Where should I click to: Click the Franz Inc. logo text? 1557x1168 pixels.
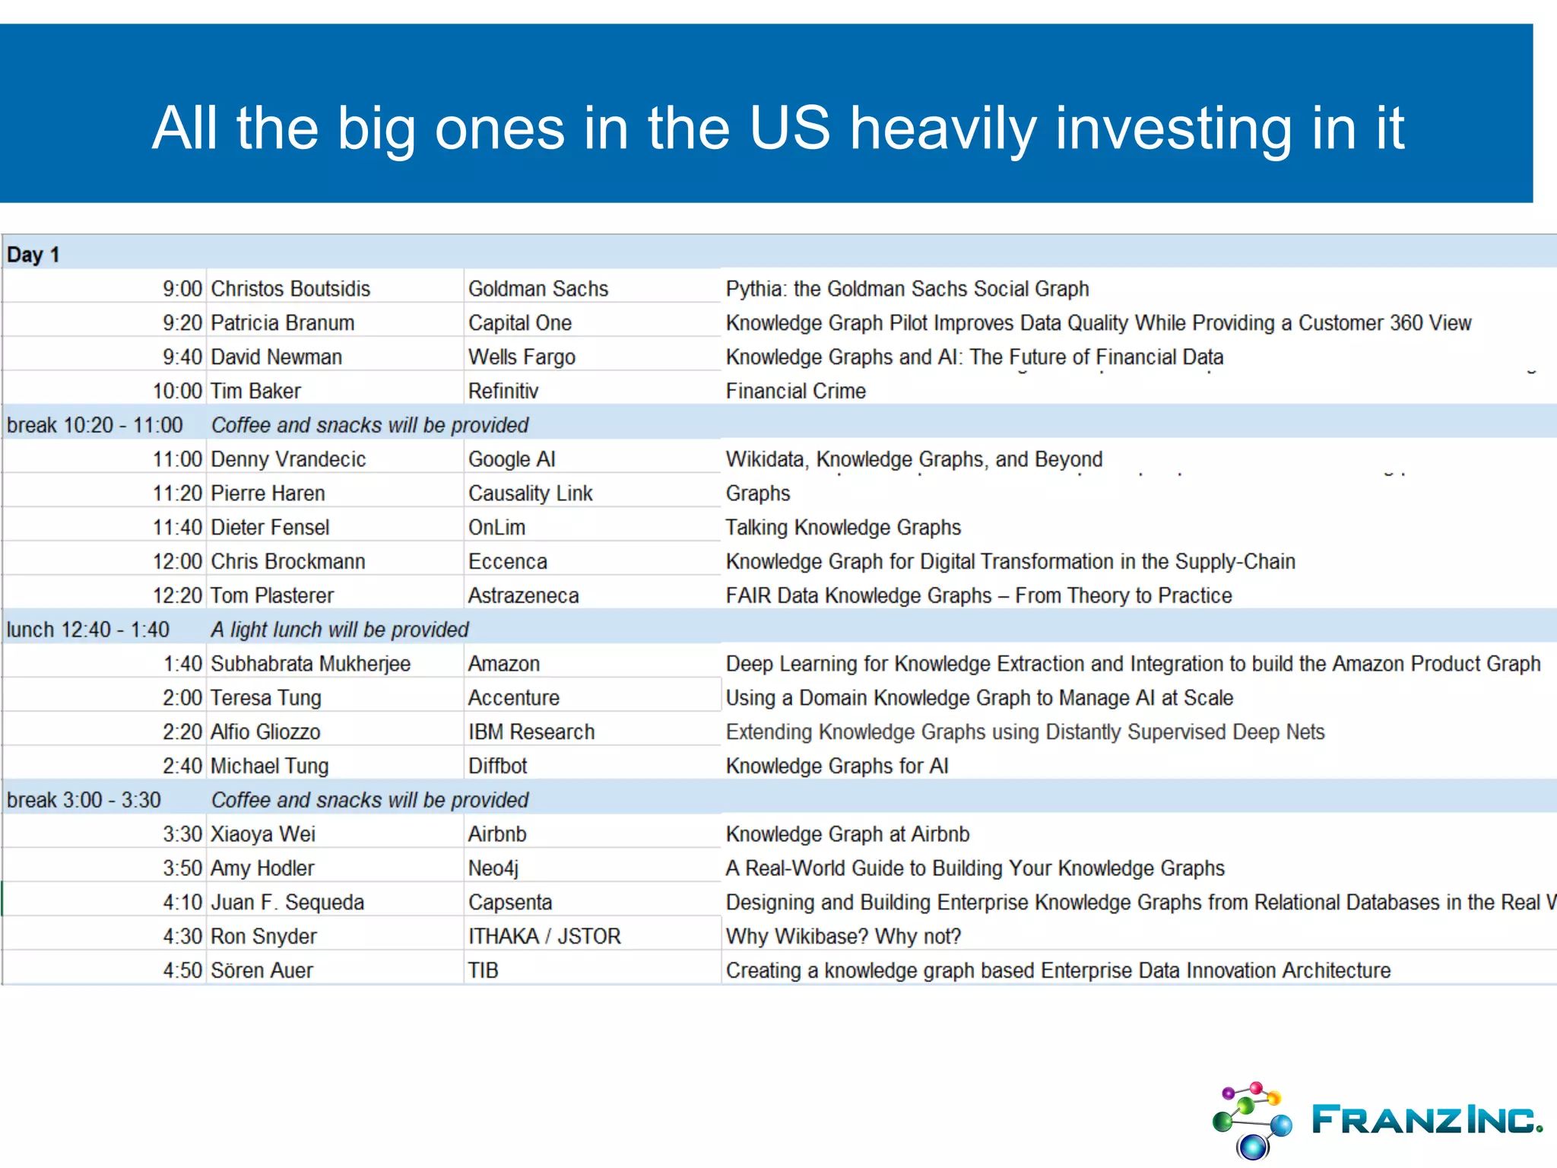tap(1426, 1119)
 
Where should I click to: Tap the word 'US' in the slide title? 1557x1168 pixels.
tap(789, 128)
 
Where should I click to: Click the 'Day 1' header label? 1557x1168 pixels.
tap(33, 255)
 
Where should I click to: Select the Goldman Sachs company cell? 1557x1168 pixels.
tap(538, 289)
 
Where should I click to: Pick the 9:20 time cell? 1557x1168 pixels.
tap(182, 323)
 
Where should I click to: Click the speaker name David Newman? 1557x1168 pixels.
tap(276, 357)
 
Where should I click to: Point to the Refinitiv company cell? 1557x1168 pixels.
tap(503, 391)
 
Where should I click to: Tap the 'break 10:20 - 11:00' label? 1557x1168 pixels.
tap(95, 425)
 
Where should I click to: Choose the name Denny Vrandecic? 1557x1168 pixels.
tap(288, 459)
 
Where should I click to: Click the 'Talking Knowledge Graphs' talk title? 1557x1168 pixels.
tap(843, 528)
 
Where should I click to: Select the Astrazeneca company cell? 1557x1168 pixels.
tap(523, 595)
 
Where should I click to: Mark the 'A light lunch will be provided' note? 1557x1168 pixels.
tap(340, 630)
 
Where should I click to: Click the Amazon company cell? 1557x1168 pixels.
tap(504, 664)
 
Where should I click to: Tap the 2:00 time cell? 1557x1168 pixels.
tap(182, 698)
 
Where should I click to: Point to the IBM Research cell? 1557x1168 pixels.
tap(531, 732)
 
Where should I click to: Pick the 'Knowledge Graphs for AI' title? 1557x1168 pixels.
tap(837, 766)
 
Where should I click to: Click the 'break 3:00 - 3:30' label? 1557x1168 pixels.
tap(84, 800)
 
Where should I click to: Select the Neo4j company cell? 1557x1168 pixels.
tap(493, 868)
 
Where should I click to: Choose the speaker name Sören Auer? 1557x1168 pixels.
tap(262, 970)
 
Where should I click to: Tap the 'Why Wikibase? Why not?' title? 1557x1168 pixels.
tap(843, 936)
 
